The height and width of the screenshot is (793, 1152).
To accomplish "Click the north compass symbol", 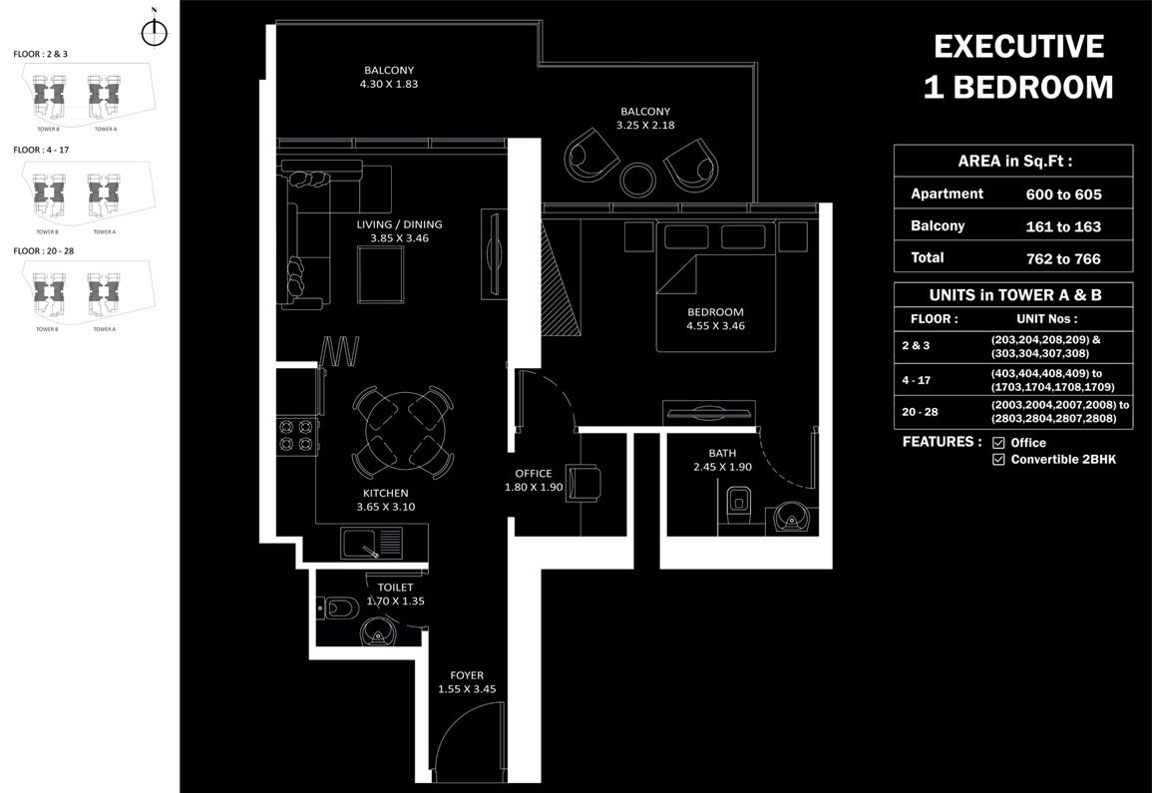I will [x=154, y=32].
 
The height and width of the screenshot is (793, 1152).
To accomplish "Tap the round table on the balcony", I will [x=637, y=180].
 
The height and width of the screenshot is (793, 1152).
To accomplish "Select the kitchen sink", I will [x=371, y=544].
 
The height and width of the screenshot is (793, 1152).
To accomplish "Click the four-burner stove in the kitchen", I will [x=296, y=434].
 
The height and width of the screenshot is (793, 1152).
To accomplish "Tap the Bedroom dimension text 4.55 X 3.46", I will [x=715, y=326].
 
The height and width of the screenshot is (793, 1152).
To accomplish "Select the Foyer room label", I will [x=466, y=675].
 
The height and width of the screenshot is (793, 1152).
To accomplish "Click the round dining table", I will [x=403, y=432].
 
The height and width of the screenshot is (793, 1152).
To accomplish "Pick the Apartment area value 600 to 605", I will [x=1063, y=195].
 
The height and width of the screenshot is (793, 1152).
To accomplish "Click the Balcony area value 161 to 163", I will [x=1063, y=226].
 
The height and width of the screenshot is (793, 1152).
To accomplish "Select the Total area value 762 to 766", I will [x=1063, y=258].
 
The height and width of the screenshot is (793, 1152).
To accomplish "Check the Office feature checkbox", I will [x=998, y=443].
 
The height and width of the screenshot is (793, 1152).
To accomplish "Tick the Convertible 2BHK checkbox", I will [x=998, y=460].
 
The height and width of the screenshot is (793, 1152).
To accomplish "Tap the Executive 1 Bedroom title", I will [x=1017, y=67].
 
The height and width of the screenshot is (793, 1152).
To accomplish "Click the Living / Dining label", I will [x=399, y=224].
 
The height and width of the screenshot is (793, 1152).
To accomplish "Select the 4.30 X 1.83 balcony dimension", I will [x=389, y=85].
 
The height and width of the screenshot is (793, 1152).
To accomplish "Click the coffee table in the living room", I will [x=380, y=273].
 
